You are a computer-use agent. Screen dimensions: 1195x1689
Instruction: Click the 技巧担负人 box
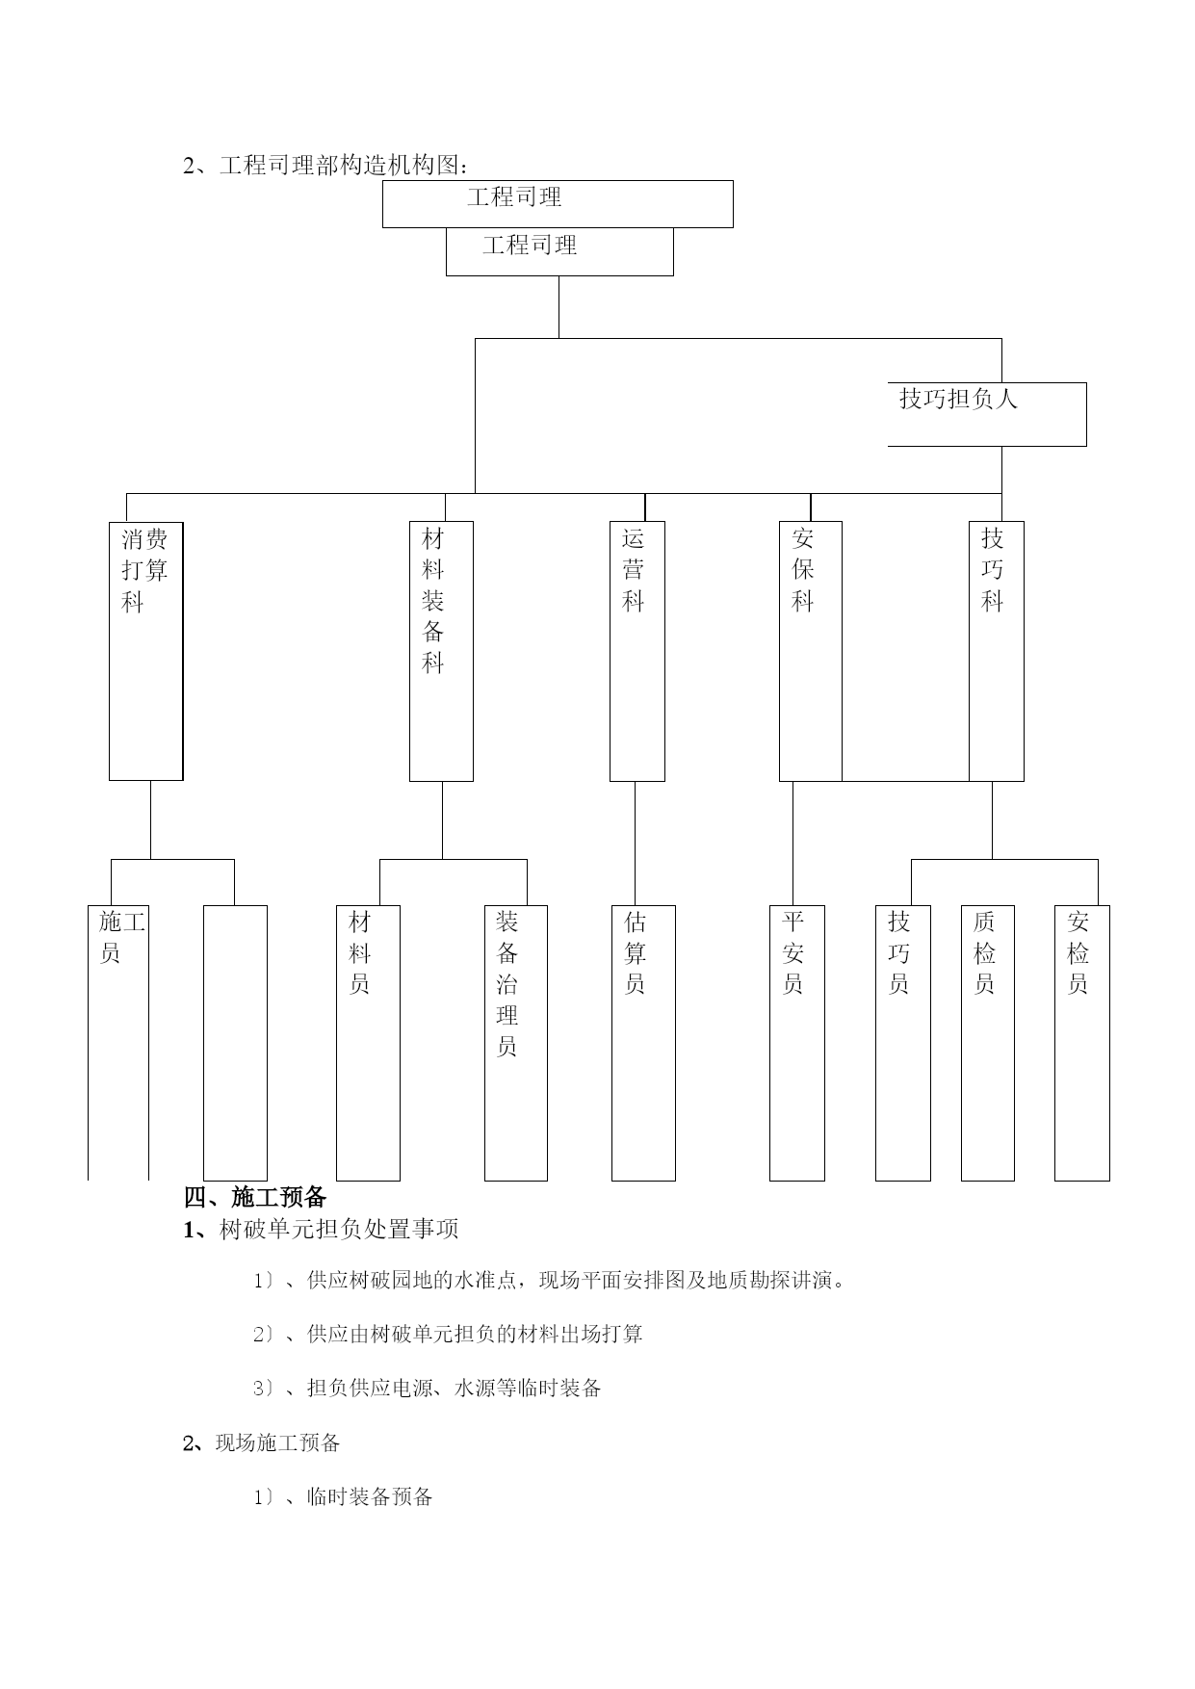(987, 414)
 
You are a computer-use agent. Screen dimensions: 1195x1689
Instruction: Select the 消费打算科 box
(145, 651)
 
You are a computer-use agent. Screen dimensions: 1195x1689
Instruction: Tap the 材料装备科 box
(441, 651)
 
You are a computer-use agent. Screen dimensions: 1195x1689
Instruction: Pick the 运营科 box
(637, 651)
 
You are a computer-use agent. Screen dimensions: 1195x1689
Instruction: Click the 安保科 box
(811, 651)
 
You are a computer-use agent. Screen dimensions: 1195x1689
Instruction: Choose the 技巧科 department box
(997, 651)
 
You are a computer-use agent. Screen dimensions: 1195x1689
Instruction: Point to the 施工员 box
(118, 1043)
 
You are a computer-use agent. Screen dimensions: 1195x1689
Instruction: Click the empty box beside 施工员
(235, 1043)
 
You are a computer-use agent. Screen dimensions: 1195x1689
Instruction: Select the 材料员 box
(368, 1043)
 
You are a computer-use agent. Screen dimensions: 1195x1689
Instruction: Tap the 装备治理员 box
(516, 1043)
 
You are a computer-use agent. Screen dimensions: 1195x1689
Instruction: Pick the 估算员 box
(643, 1043)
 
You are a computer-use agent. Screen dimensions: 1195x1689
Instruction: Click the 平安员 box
(797, 1043)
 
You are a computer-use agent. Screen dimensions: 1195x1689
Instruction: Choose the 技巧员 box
(903, 1043)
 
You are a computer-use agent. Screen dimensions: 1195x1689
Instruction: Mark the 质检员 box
(988, 1043)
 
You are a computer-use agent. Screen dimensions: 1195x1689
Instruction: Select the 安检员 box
(1082, 1043)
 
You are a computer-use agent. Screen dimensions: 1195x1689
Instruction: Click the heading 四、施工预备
(255, 1197)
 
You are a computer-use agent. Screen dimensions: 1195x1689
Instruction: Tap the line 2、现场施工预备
(262, 1442)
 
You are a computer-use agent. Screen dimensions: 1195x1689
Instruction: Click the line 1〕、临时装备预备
(343, 1496)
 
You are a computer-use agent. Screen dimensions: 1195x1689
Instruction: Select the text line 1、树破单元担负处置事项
(322, 1229)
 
